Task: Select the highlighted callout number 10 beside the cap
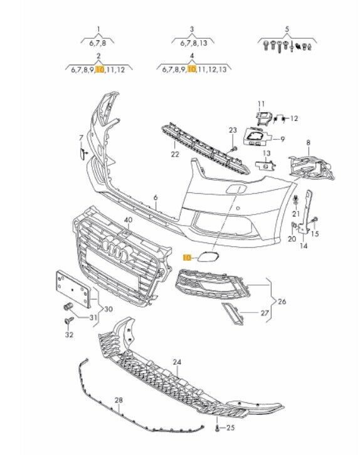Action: (x=186, y=257)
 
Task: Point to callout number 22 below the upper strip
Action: (x=175, y=154)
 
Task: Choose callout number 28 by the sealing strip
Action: (x=117, y=399)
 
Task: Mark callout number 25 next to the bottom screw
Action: (x=231, y=428)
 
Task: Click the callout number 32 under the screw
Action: (x=68, y=335)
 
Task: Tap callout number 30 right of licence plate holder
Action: (x=109, y=308)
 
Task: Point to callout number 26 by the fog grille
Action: (x=282, y=301)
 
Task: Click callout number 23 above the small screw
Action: (x=231, y=130)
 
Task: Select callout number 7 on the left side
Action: (x=80, y=137)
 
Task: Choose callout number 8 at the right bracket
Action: (x=308, y=142)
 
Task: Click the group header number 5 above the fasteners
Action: (x=287, y=29)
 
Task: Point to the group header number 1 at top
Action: (x=98, y=29)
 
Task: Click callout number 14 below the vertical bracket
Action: (x=304, y=246)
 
